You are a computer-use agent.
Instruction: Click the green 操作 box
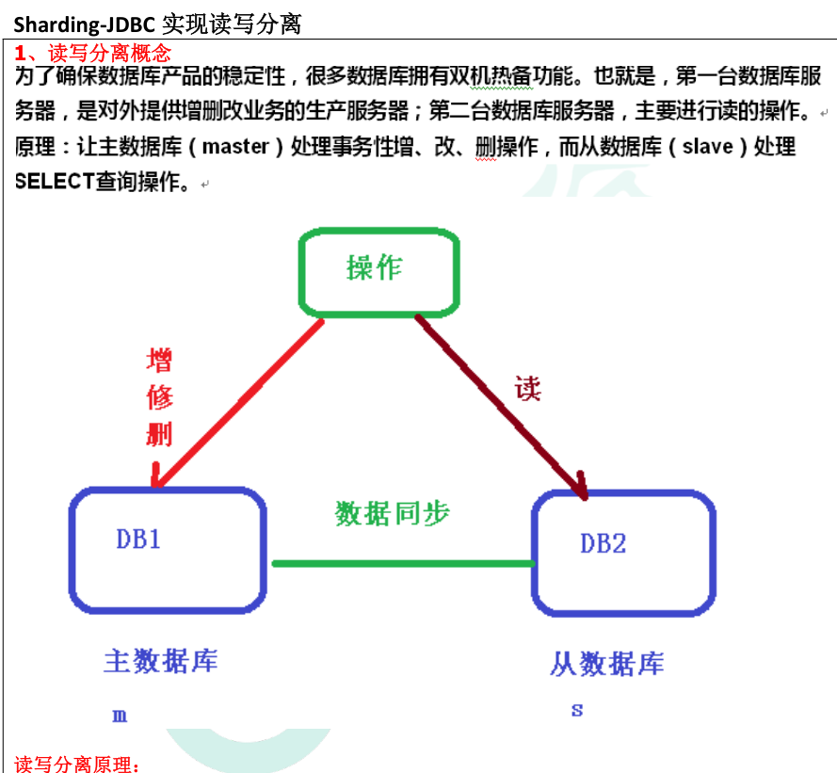[378, 271]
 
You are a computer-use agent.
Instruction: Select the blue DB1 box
[167, 552]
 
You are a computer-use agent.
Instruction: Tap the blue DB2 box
[622, 554]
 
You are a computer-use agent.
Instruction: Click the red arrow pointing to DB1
[237, 405]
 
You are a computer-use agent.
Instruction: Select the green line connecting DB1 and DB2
[403, 563]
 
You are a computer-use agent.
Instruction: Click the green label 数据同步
[393, 513]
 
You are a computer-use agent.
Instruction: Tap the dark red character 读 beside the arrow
[528, 388]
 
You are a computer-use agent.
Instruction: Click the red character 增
[159, 361]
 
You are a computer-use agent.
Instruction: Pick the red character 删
[159, 434]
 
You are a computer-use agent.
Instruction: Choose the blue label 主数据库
[160, 661]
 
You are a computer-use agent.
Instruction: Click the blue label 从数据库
[606, 664]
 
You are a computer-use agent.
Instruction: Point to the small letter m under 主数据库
[120, 716]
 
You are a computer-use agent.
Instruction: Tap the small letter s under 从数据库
[577, 710]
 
